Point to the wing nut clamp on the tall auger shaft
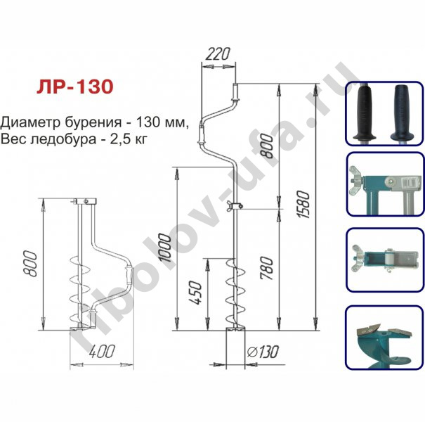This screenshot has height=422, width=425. coord(235,206)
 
